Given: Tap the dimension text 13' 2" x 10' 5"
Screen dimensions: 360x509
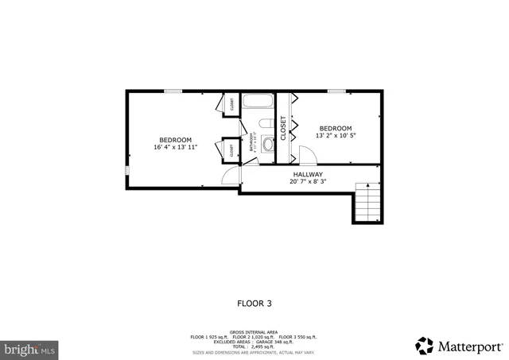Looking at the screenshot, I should (x=335, y=135).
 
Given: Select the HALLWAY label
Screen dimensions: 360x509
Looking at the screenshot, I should (x=307, y=174).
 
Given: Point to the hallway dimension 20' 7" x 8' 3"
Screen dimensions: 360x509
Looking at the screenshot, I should (x=307, y=182).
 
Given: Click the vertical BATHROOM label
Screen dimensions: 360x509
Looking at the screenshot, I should (x=251, y=143).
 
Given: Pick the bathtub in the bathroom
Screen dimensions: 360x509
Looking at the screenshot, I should (x=257, y=104).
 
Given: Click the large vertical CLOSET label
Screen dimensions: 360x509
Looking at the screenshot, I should (x=282, y=128).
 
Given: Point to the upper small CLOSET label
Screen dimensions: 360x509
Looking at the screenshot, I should (x=232, y=104).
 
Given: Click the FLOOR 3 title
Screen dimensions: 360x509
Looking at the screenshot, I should (x=254, y=303).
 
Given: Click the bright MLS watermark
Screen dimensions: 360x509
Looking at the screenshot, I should (x=29, y=348).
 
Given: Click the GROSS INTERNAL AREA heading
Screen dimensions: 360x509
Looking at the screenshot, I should (x=254, y=331).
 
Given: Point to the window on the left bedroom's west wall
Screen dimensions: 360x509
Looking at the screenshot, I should (x=127, y=171).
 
